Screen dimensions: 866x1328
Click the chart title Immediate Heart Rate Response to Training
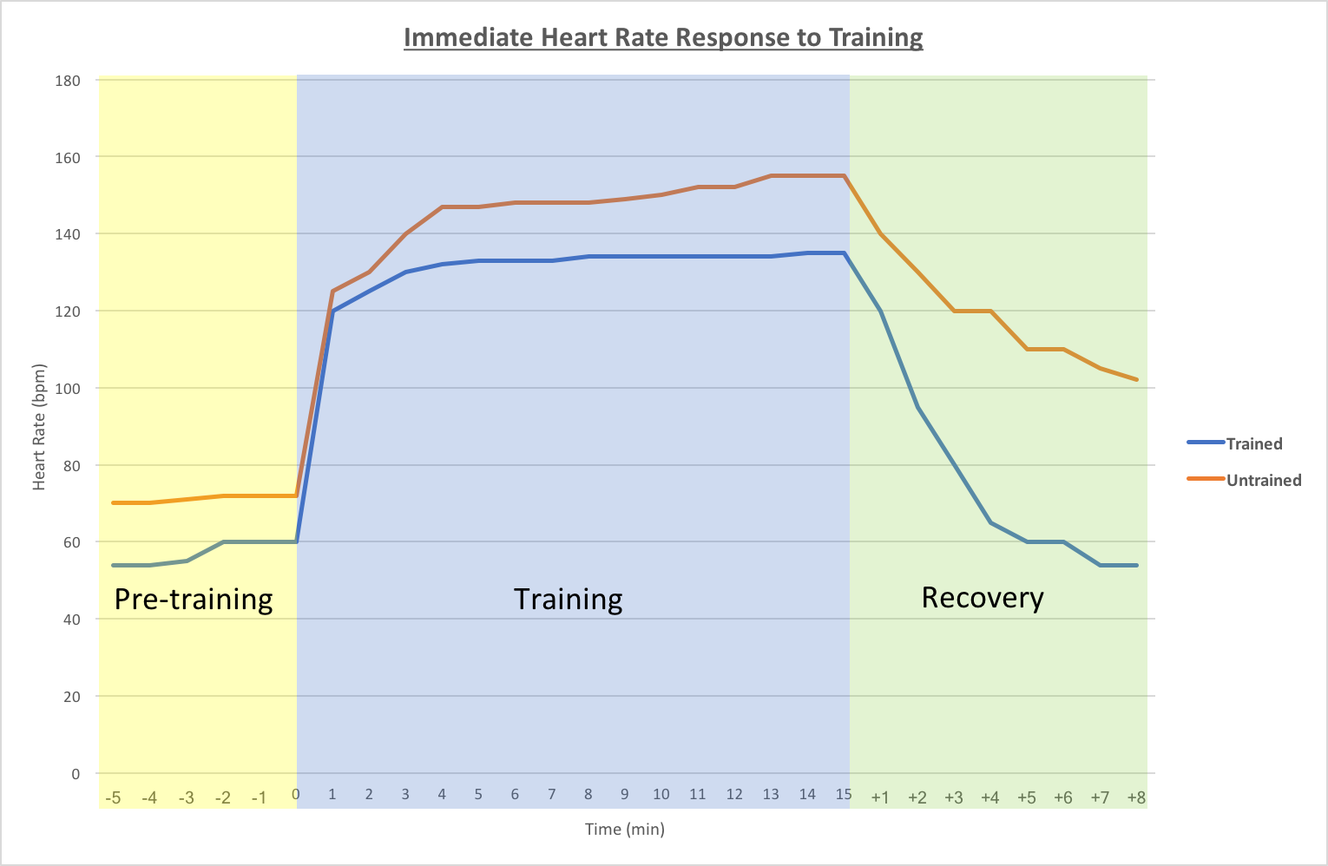pyautogui.click(x=663, y=38)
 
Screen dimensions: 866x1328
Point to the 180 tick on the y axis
pyautogui.click(x=67, y=81)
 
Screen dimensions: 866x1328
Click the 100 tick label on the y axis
pyautogui.click(x=67, y=389)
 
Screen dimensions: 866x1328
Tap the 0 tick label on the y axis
pyautogui.click(x=76, y=774)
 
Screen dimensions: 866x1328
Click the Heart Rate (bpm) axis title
pyautogui.click(x=39, y=427)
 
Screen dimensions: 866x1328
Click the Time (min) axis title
pyautogui.click(x=624, y=829)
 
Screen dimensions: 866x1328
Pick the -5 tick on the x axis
pyautogui.click(x=113, y=797)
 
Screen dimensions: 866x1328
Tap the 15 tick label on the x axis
pyautogui.click(x=843, y=795)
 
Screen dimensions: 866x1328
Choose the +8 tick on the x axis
pyautogui.click(x=1135, y=797)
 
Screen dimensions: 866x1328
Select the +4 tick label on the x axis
pyautogui.click(x=989, y=797)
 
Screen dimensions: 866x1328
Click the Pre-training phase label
pyautogui.click(x=194, y=600)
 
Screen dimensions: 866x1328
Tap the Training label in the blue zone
pyautogui.click(x=568, y=600)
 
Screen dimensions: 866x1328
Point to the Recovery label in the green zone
pyautogui.click(x=982, y=598)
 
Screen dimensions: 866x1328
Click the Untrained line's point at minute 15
pyautogui.click(x=844, y=176)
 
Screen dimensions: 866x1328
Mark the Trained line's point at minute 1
pyautogui.click(x=332, y=311)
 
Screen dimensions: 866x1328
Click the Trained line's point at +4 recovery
pyautogui.click(x=990, y=522)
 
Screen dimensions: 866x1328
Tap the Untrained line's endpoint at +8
pyautogui.click(x=1136, y=379)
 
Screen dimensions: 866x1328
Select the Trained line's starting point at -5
pyautogui.click(x=113, y=565)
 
